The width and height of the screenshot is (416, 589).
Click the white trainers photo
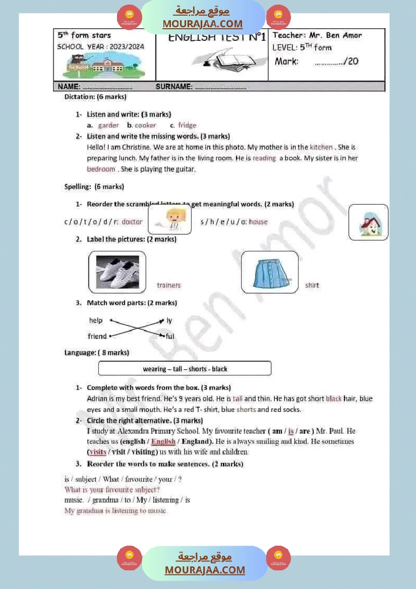click(117, 272)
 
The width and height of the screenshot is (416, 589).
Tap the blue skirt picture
click(270, 272)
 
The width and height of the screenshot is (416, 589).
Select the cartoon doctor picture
click(170, 219)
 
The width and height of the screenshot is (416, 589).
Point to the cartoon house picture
click(368, 222)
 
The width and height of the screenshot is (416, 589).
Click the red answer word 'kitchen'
click(321, 147)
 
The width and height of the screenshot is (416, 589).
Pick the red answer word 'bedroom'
click(101, 169)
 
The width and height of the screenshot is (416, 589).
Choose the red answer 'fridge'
click(187, 125)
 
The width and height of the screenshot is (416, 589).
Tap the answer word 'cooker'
click(145, 125)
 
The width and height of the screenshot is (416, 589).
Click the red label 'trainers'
click(168, 285)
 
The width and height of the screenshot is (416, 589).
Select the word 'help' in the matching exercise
click(96, 320)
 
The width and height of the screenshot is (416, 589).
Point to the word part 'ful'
click(170, 336)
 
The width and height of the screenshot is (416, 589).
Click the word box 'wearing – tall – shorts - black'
click(185, 369)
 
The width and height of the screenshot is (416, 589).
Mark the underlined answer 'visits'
click(98, 452)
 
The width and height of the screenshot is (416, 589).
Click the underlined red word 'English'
click(163, 442)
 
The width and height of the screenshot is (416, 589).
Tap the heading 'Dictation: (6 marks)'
click(95, 96)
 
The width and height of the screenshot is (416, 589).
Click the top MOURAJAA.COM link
click(202, 24)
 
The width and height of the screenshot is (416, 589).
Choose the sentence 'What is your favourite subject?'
click(112, 489)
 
